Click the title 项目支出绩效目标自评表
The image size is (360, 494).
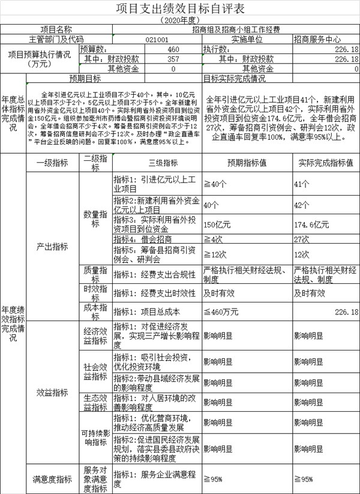point(179,8)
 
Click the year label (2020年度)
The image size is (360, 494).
point(179,19)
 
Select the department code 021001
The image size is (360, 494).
point(157,39)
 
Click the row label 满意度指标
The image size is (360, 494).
point(52,478)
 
